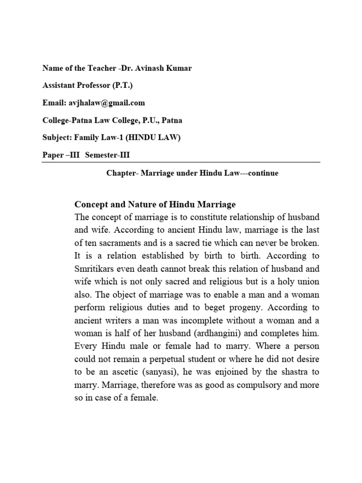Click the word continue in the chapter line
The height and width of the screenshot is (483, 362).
pyautogui.click(x=263, y=173)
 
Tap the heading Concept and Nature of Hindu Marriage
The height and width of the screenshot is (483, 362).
pyautogui.click(x=155, y=204)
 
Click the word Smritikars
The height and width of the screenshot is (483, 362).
pyautogui.click(x=96, y=269)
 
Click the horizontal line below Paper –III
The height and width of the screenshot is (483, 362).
pyautogui.click(x=181, y=162)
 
